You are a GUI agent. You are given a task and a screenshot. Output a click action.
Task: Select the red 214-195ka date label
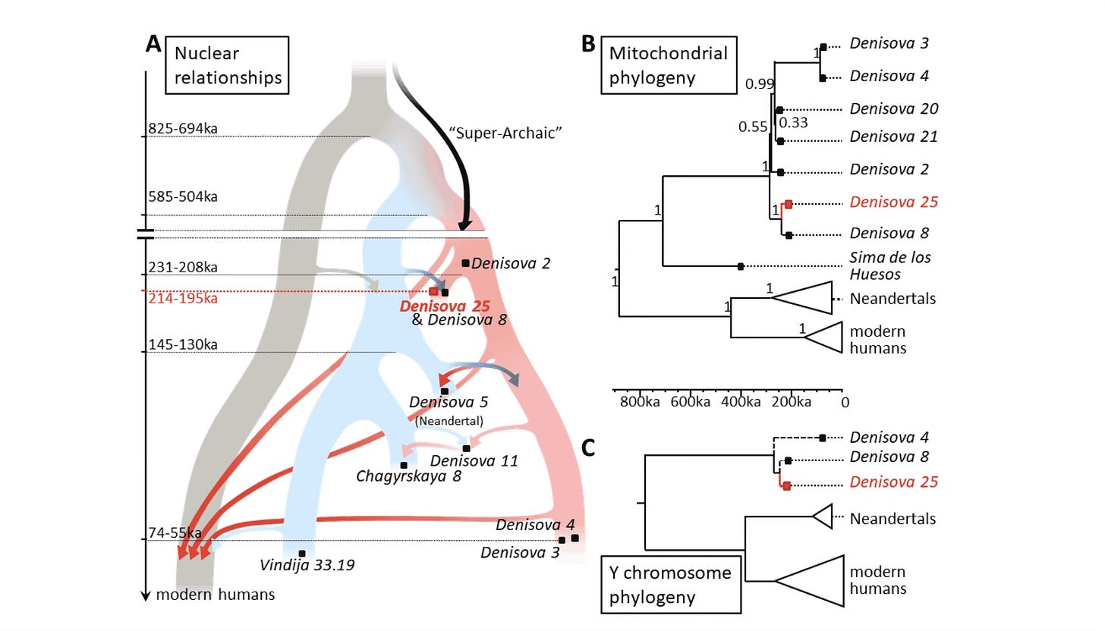tap(183, 298)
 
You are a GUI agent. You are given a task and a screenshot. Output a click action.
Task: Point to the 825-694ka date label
tap(183, 128)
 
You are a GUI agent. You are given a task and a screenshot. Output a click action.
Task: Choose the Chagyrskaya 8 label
tap(408, 476)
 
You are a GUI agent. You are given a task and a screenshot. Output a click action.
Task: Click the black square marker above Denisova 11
tap(466, 449)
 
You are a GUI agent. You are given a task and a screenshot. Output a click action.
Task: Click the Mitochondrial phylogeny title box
tap(668, 65)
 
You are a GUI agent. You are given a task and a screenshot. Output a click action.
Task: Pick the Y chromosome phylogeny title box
tap(670, 585)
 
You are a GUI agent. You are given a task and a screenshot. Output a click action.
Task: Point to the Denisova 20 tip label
tap(893, 109)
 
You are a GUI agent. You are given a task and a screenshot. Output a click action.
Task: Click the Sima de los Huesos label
tap(890, 265)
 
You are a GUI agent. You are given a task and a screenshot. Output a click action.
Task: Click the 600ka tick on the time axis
tap(690, 401)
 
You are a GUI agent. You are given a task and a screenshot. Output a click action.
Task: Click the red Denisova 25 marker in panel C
tap(787, 485)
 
